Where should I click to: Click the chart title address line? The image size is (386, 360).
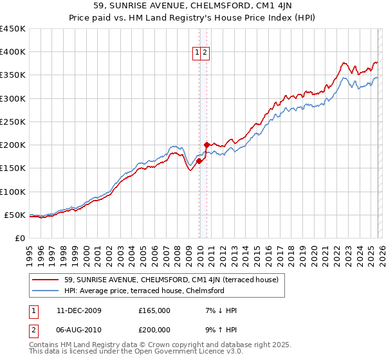193,7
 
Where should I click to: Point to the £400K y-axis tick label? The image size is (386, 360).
13,52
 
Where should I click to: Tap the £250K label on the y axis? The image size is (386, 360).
13,122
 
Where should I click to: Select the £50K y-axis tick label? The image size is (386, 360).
15,215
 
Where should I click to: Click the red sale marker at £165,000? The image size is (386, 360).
199,161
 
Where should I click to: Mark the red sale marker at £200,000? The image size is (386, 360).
207,145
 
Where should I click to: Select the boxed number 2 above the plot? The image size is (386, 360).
205,53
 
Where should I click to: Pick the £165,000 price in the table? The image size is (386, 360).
154,310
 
